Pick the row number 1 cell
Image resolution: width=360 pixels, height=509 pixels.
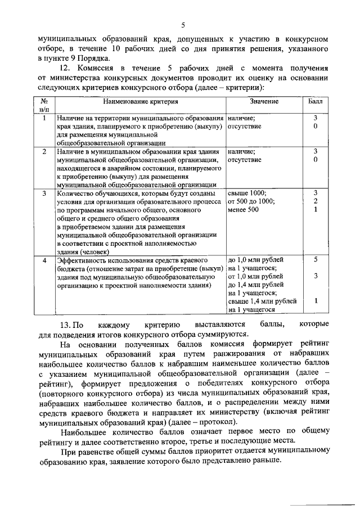(44, 118)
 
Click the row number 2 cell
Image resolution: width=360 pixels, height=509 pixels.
(44, 151)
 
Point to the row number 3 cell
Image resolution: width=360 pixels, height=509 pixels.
(44, 193)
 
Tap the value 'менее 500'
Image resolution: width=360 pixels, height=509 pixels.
(244, 210)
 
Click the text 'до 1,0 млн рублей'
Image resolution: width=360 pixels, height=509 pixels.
(256, 260)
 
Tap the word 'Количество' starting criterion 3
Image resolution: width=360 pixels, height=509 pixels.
(76, 193)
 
